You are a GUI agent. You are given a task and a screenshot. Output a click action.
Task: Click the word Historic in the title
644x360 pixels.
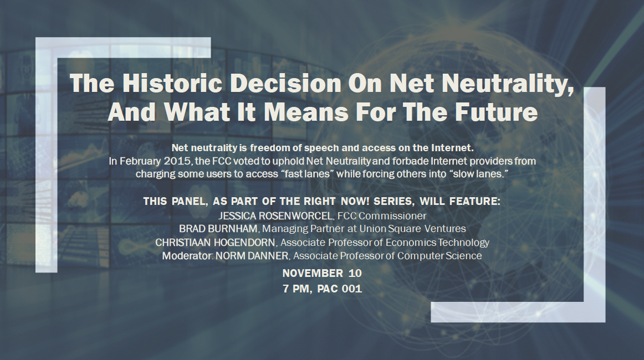click(172, 83)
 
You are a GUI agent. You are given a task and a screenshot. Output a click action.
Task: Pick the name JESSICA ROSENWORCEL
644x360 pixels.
click(275, 216)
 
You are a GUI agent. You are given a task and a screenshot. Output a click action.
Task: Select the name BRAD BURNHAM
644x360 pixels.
click(218, 229)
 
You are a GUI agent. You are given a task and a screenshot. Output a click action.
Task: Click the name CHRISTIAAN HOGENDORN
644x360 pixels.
click(215, 243)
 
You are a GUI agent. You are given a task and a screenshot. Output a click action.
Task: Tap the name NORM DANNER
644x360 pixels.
click(252, 256)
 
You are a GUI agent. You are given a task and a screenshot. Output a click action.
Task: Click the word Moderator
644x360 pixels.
click(187, 256)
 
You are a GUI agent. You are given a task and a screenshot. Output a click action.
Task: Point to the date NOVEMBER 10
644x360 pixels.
click(322, 273)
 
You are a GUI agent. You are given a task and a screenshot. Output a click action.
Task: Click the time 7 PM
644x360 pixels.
click(296, 289)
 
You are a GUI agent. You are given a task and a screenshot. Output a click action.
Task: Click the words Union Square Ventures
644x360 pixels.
click(412, 229)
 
